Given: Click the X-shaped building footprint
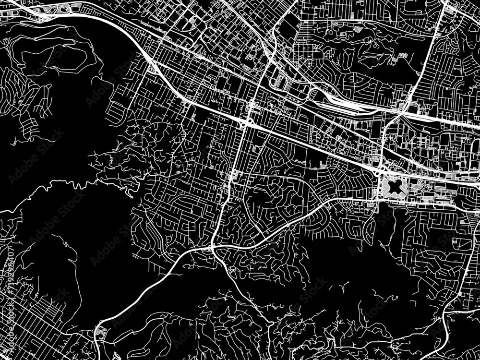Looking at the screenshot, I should [395, 185].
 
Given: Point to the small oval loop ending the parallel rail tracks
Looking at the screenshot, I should [314, 94].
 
